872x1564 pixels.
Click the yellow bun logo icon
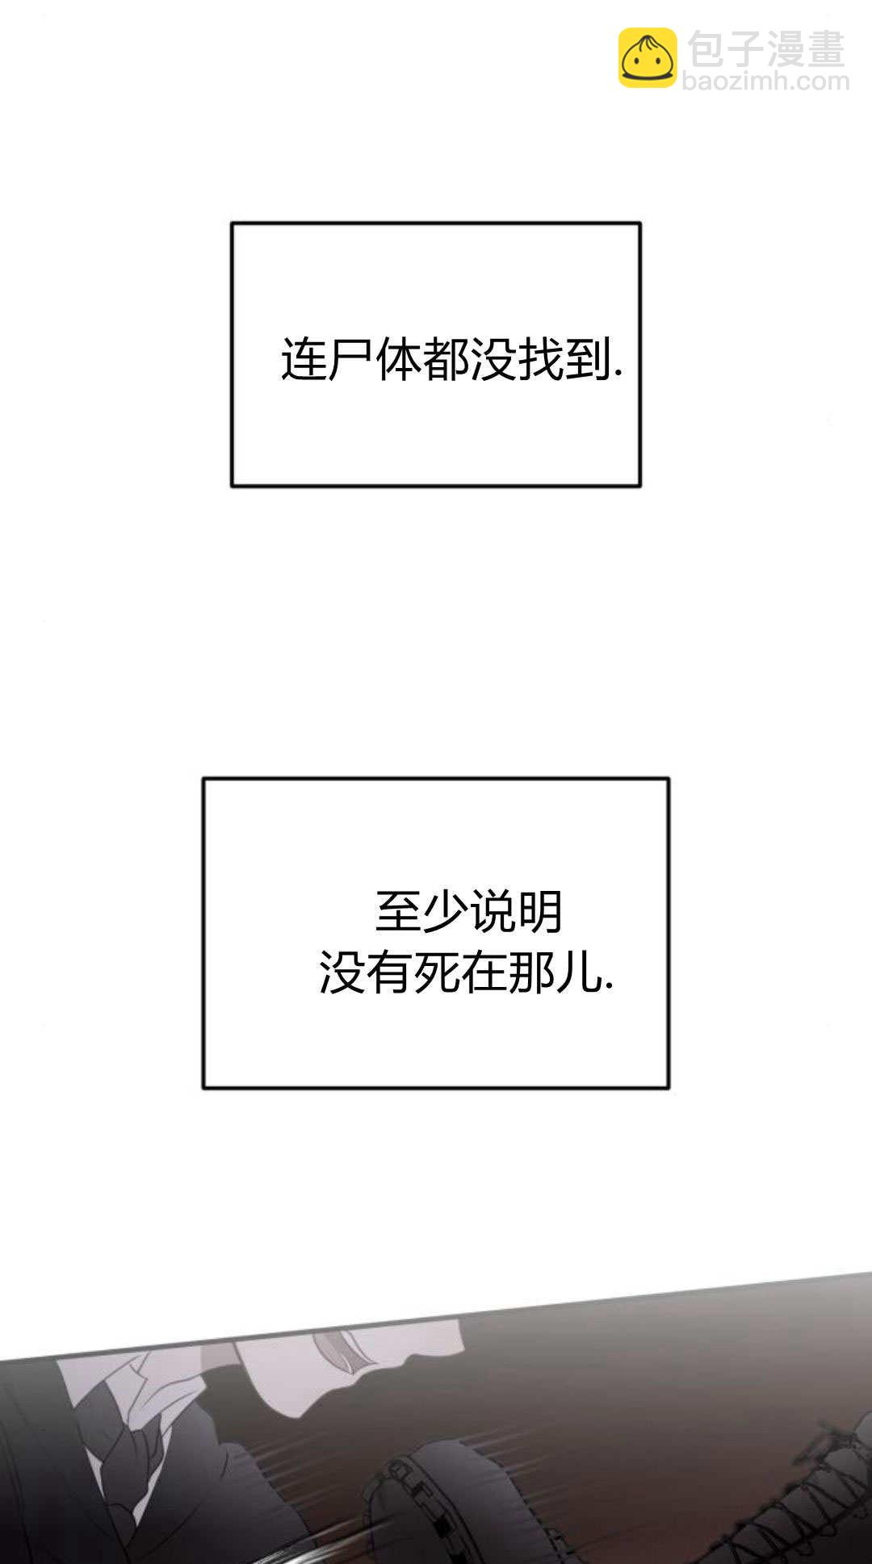(648, 57)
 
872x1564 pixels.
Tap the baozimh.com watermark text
(765, 81)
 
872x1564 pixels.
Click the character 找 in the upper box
(541, 359)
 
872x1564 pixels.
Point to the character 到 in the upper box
(588, 359)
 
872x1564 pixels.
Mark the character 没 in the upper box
(493, 359)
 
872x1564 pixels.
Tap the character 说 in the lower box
(493, 912)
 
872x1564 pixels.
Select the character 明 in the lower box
(540, 912)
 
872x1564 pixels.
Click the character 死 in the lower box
(437, 972)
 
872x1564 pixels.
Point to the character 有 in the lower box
(390, 972)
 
